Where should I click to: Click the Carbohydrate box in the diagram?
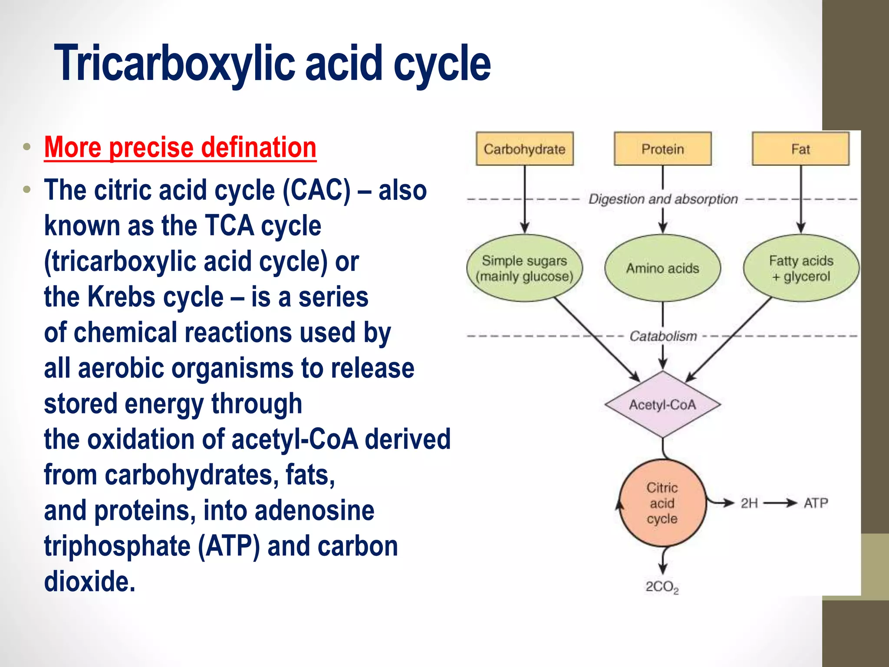click(524, 149)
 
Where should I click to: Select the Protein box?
click(662, 149)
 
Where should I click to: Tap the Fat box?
click(800, 149)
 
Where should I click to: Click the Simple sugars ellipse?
click(524, 268)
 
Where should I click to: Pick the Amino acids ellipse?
click(662, 268)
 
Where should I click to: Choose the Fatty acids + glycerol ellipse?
click(801, 268)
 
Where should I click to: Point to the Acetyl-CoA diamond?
click(662, 405)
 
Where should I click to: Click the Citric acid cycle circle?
click(662, 503)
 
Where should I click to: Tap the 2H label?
click(749, 503)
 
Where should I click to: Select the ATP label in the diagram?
click(816, 503)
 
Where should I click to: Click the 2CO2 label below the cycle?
click(662, 587)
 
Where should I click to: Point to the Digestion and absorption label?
click(663, 199)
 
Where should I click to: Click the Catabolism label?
click(663, 336)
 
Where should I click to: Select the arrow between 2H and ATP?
click(780, 503)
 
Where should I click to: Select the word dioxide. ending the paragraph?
click(89, 581)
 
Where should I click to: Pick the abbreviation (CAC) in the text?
click(316, 190)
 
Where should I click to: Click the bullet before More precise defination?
click(27, 147)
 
